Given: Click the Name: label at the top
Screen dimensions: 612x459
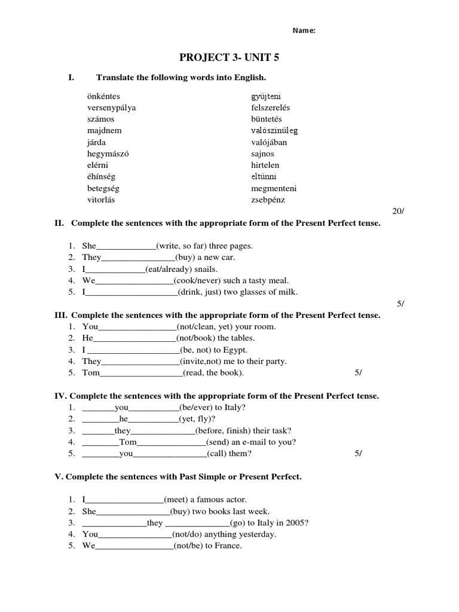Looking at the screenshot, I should point(304,32).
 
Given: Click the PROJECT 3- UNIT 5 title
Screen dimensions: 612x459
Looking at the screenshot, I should point(229,57).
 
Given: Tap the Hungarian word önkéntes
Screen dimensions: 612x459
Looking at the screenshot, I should point(103,96).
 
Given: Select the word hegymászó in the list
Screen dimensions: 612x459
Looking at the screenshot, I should point(108,154).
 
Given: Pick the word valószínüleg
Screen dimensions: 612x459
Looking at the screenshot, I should point(274,130).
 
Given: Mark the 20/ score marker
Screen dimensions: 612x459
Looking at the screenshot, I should point(398,212).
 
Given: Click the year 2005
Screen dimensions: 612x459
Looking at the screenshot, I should point(296,523).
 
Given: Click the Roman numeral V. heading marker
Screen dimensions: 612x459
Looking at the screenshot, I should point(59,477).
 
